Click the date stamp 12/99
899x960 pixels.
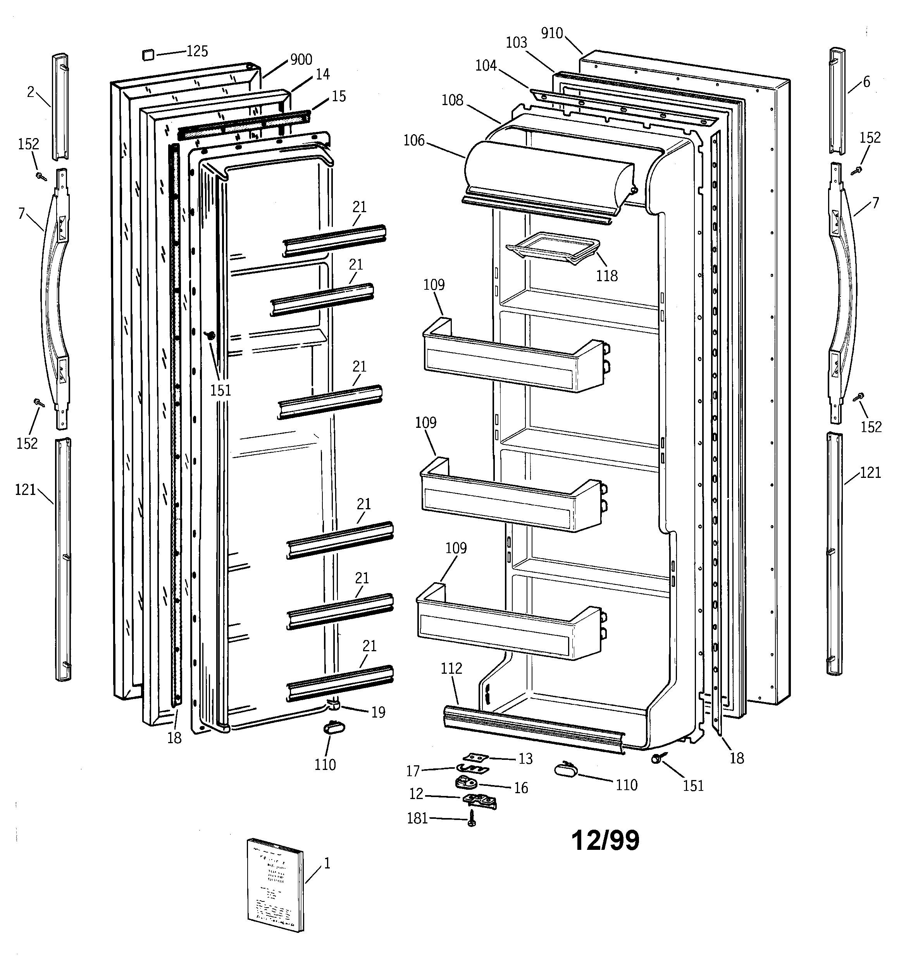click(x=605, y=841)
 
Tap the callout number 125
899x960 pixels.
click(x=197, y=51)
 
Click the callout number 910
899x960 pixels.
click(x=551, y=33)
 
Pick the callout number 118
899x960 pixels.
click(x=606, y=276)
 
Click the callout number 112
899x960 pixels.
click(x=451, y=668)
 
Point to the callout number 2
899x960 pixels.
click(x=30, y=92)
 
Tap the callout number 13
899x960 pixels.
click(x=525, y=759)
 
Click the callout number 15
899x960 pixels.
click(x=339, y=97)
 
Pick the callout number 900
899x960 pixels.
click(x=301, y=60)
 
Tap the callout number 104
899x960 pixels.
click(x=486, y=66)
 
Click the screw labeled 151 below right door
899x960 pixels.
click(x=656, y=759)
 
